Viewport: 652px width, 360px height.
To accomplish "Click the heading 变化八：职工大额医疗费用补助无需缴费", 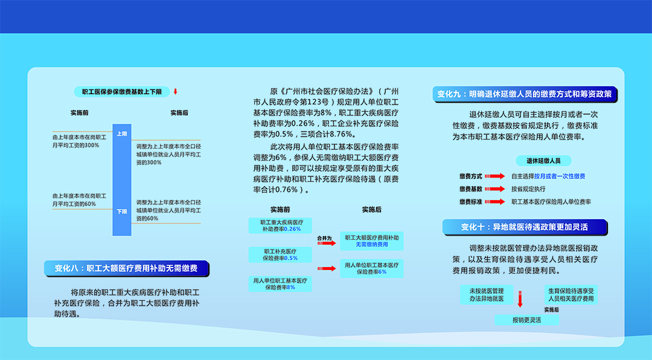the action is pyautogui.click(x=126, y=268).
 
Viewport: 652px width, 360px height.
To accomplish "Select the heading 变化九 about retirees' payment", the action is pyautogui.click(x=525, y=94).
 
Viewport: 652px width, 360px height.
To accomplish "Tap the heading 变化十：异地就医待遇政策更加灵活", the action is pyautogui.click(x=525, y=227).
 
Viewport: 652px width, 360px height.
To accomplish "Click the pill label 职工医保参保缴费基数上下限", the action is pyautogui.click(x=122, y=92).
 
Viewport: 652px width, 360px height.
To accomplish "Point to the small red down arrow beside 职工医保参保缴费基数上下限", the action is pyautogui.click(x=176, y=92).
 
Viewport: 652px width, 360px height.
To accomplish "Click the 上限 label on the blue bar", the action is pyautogui.click(x=122, y=133).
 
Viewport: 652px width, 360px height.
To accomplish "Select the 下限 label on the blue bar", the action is pyautogui.click(x=122, y=211).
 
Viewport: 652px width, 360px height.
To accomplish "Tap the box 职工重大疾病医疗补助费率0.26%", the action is pyautogui.click(x=280, y=225).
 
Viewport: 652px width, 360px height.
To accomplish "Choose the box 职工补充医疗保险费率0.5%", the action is pyautogui.click(x=280, y=255).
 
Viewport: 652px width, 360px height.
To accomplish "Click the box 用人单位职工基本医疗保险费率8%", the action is pyautogui.click(x=280, y=284).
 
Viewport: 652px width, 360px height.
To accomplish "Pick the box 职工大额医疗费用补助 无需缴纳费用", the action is pyautogui.click(x=372, y=241).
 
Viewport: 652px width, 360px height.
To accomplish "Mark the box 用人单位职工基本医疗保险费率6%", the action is pyautogui.click(x=372, y=268).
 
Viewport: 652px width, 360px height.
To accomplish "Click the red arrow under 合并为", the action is pyautogui.click(x=327, y=243).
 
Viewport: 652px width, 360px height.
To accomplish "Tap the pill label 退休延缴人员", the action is pyautogui.click(x=543, y=161).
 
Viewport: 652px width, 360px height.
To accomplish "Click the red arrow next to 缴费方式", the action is pyautogui.click(x=495, y=176).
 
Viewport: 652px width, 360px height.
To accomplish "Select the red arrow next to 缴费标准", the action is pyautogui.click(x=495, y=202).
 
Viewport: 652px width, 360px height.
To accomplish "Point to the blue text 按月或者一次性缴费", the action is pyautogui.click(x=560, y=176).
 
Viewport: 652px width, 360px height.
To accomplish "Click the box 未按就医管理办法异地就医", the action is pyautogui.click(x=487, y=295).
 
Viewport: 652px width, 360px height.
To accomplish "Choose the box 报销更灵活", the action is pyautogui.click(x=527, y=320).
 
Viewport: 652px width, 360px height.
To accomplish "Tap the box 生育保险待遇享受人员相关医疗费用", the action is pyautogui.click(x=571, y=295).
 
